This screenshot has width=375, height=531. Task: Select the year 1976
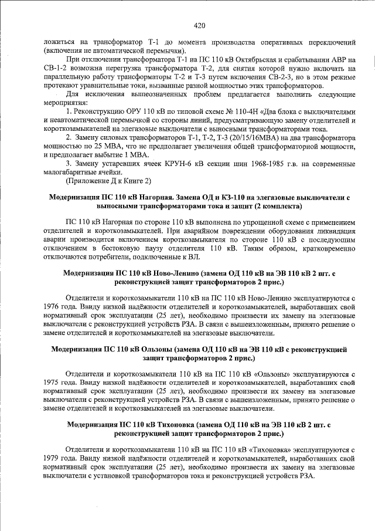coord(53,306)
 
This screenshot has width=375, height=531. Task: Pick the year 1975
coord(53,381)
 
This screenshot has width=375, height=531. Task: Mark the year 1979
coord(53,456)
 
